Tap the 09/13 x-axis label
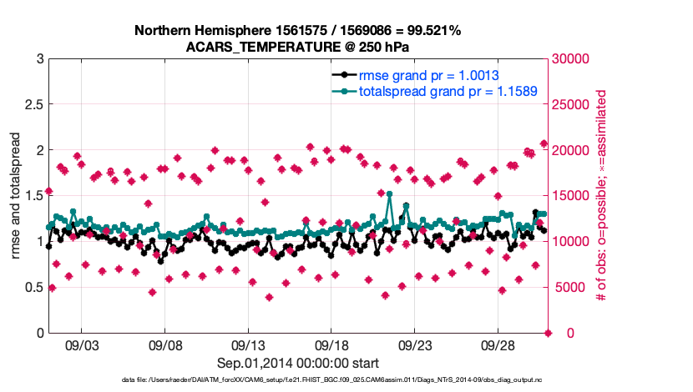248,344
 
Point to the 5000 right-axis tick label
570,288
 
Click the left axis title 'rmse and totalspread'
15,196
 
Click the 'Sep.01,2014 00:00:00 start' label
298,363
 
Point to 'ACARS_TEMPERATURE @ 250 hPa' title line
298,46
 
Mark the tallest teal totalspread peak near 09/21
390,193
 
